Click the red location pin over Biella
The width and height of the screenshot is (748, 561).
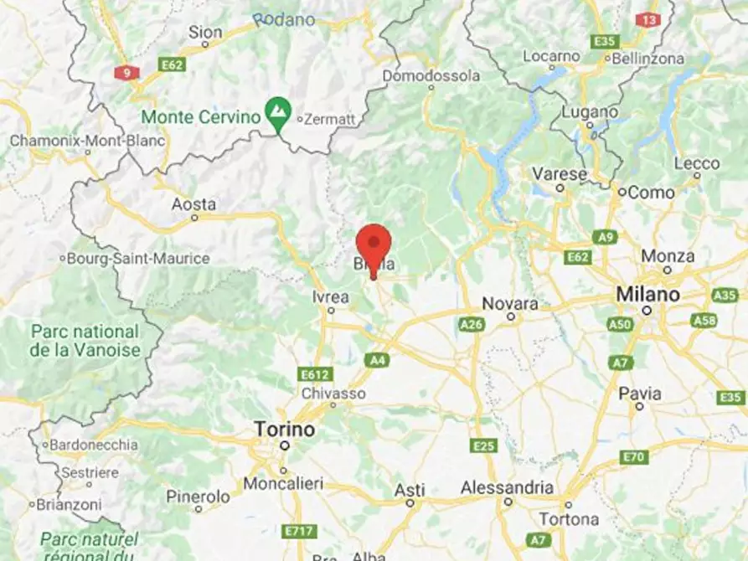click(x=374, y=244)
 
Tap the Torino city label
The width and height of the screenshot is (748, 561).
click(x=285, y=430)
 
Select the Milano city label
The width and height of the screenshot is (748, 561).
click(x=647, y=295)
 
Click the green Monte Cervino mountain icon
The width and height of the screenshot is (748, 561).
click(x=278, y=111)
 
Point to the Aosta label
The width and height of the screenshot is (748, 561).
click(x=193, y=204)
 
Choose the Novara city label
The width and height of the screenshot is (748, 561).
click(x=511, y=303)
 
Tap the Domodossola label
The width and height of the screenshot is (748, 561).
click(x=431, y=76)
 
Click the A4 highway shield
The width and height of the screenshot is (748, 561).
click(x=376, y=359)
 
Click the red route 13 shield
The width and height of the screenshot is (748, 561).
click(x=647, y=19)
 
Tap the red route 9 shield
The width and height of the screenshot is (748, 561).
click(x=127, y=73)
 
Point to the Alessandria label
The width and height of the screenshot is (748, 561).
click(x=507, y=487)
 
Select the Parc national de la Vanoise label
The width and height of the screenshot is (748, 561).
click(x=85, y=341)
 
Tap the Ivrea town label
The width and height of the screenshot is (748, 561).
click(x=330, y=297)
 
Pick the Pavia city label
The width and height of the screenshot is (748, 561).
click(x=640, y=394)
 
